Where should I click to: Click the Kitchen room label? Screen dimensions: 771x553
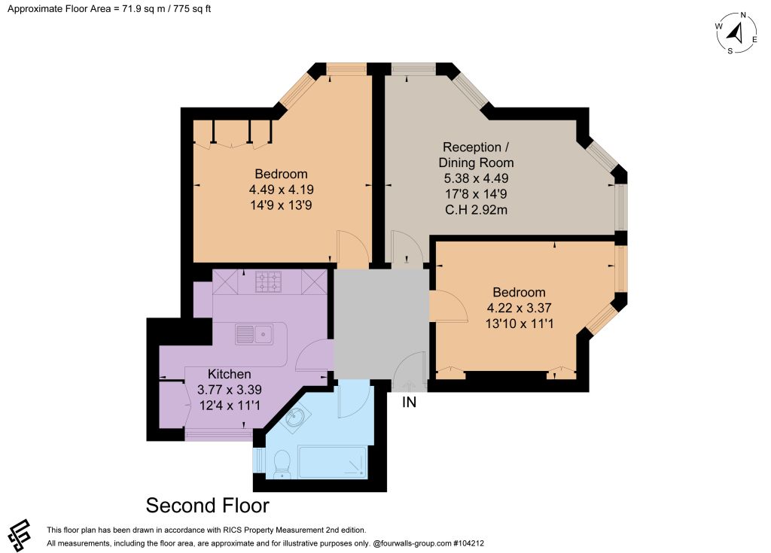pos(229,374)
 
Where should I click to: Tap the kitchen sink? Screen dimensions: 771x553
pos(254,334)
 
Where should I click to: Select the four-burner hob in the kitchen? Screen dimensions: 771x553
pos(269,282)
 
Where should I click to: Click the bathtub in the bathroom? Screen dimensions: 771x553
pos(332,462)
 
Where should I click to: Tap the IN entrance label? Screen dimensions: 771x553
pos(409,402)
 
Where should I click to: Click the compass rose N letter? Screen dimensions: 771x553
pos(743,15)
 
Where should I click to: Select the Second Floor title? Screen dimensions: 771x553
pos(208,506)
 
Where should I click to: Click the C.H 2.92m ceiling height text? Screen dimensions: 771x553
pos(476,210)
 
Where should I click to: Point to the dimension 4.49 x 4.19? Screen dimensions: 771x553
pos(282,190)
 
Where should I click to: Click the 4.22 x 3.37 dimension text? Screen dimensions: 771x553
pos(520,308)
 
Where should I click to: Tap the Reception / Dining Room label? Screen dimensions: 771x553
pos(476,155)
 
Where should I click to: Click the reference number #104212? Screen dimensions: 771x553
pos(468,543)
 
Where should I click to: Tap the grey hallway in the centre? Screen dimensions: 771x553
pos(382,324)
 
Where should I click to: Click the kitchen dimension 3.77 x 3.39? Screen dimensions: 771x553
pos(230,390)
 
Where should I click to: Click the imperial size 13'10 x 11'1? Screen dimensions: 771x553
pos(520,324)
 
